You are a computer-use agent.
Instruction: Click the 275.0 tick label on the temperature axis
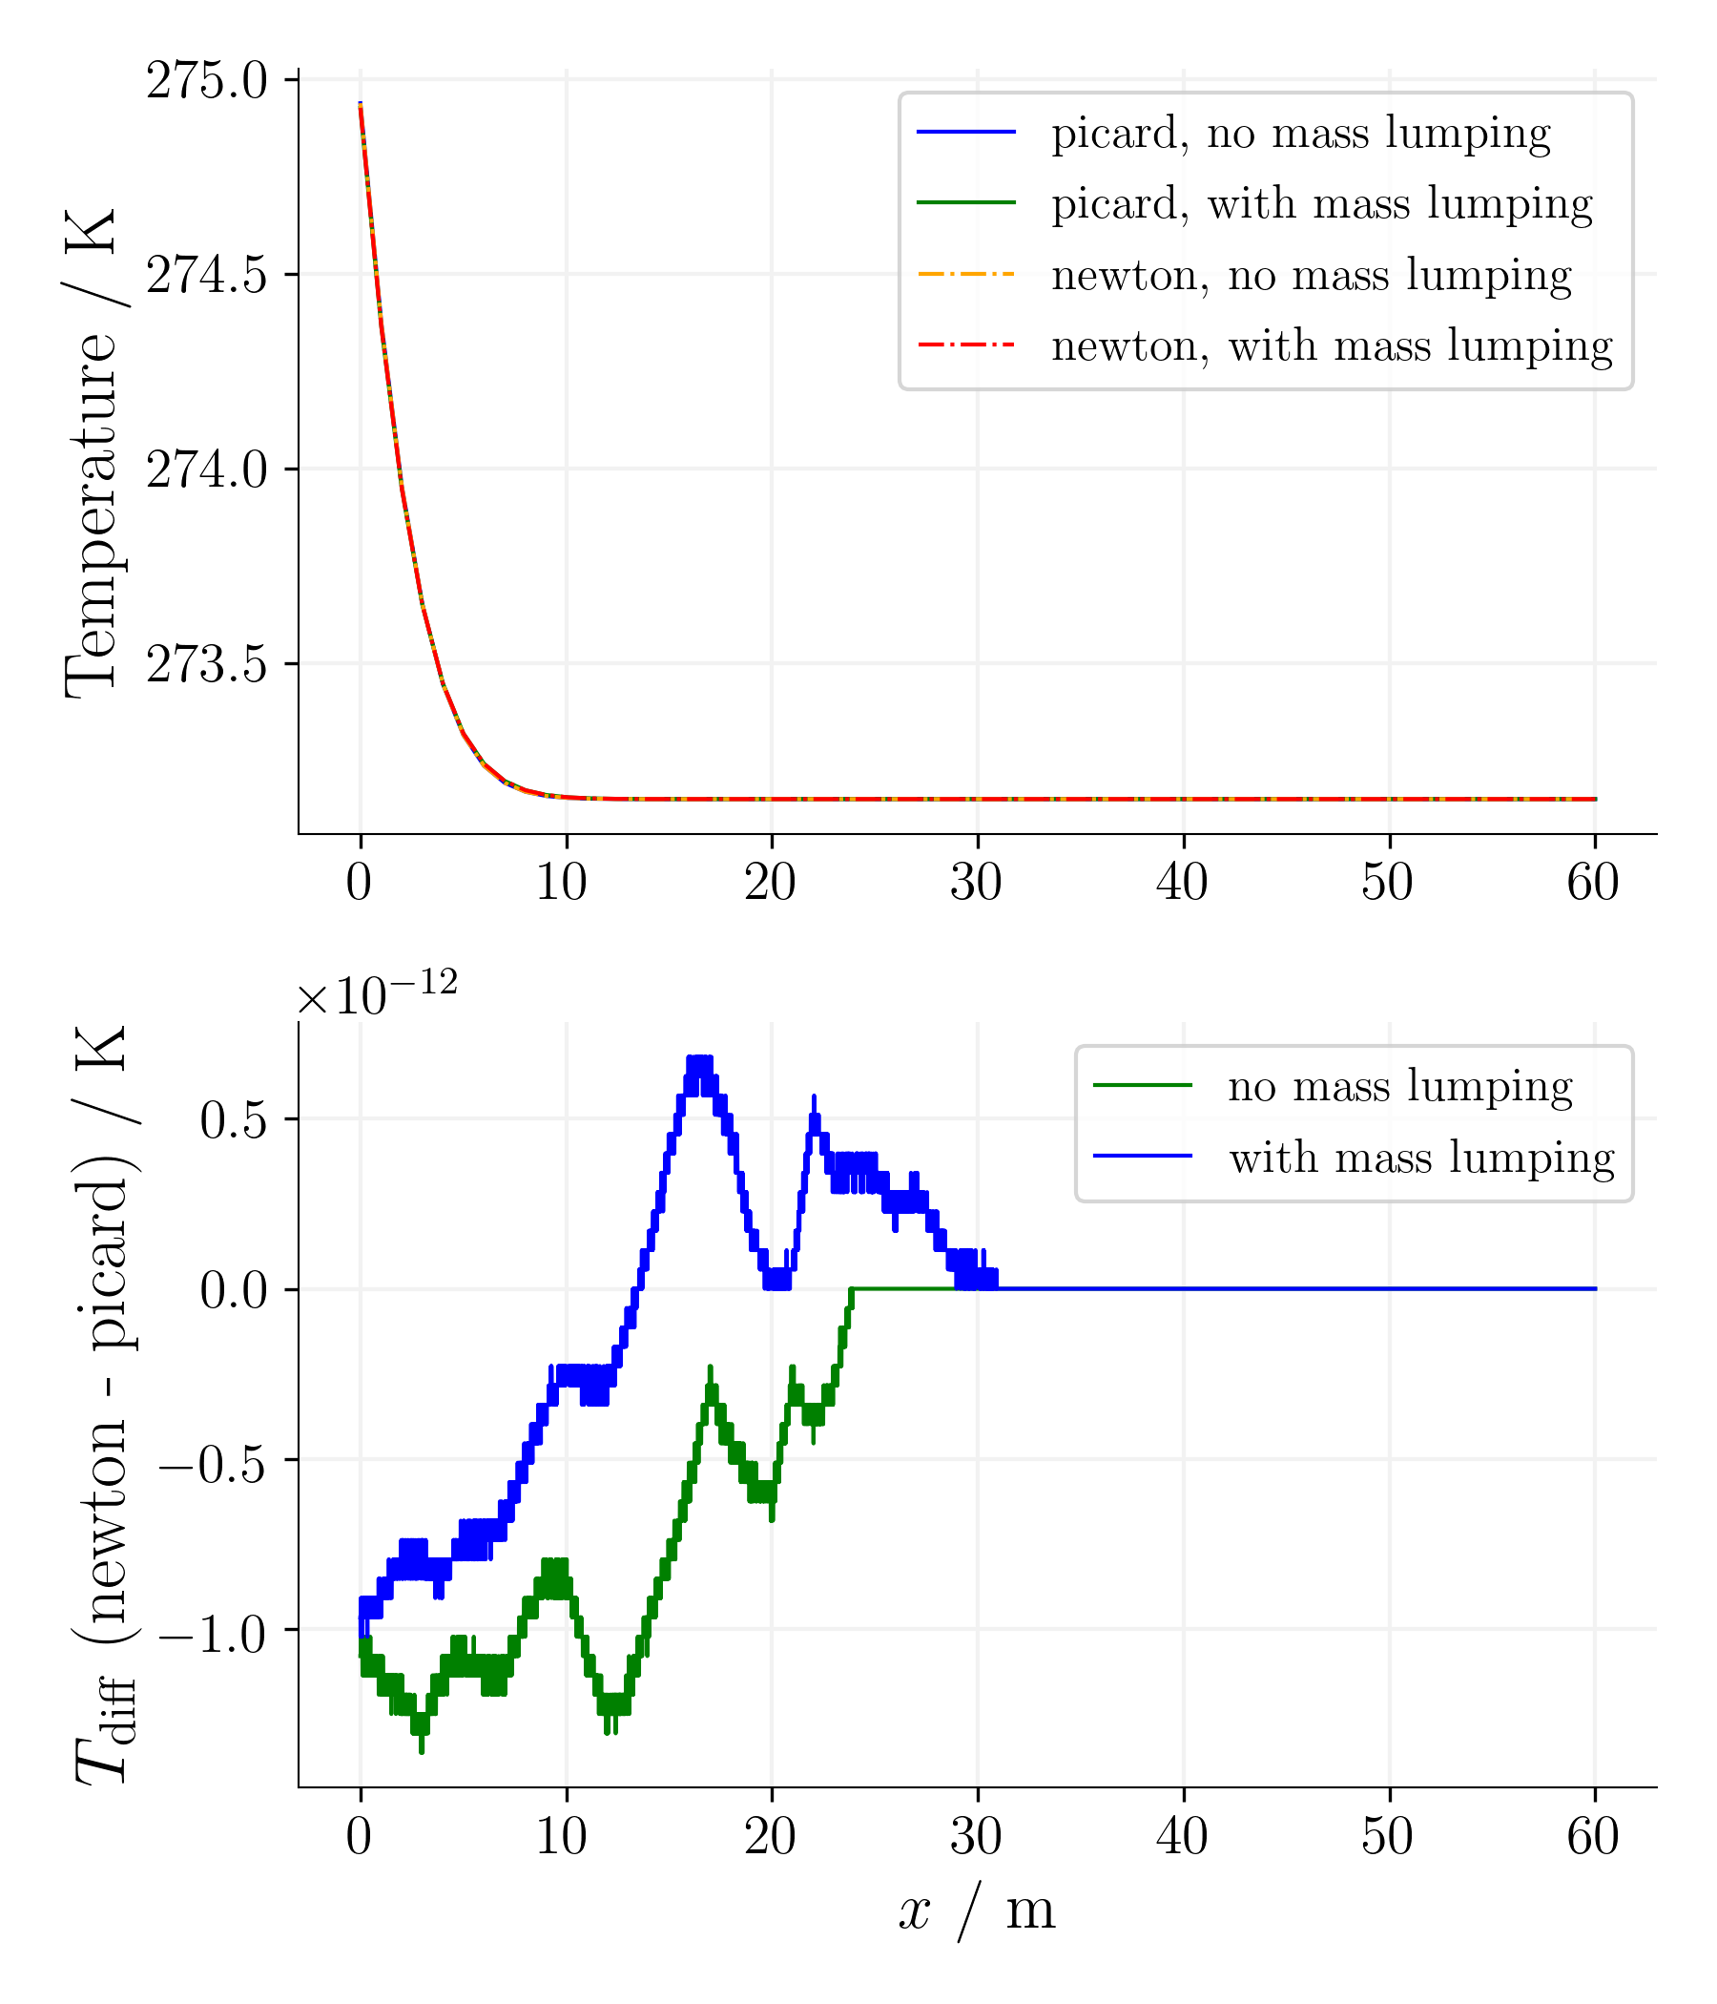click(x=206, y=81)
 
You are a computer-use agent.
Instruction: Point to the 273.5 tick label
click(x=206, y=664)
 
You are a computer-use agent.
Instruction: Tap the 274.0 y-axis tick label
click(x=206, y=470)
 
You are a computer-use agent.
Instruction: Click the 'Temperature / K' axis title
click(x=92, y=452)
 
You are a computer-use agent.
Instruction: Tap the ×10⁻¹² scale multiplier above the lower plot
click(x=377, y=994)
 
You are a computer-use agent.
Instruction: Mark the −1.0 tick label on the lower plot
click(x=213, y=1634)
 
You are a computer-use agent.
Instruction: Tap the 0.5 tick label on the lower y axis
click(x=233, y=1121)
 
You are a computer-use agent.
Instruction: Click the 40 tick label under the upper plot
click(x=1183, y=882)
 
